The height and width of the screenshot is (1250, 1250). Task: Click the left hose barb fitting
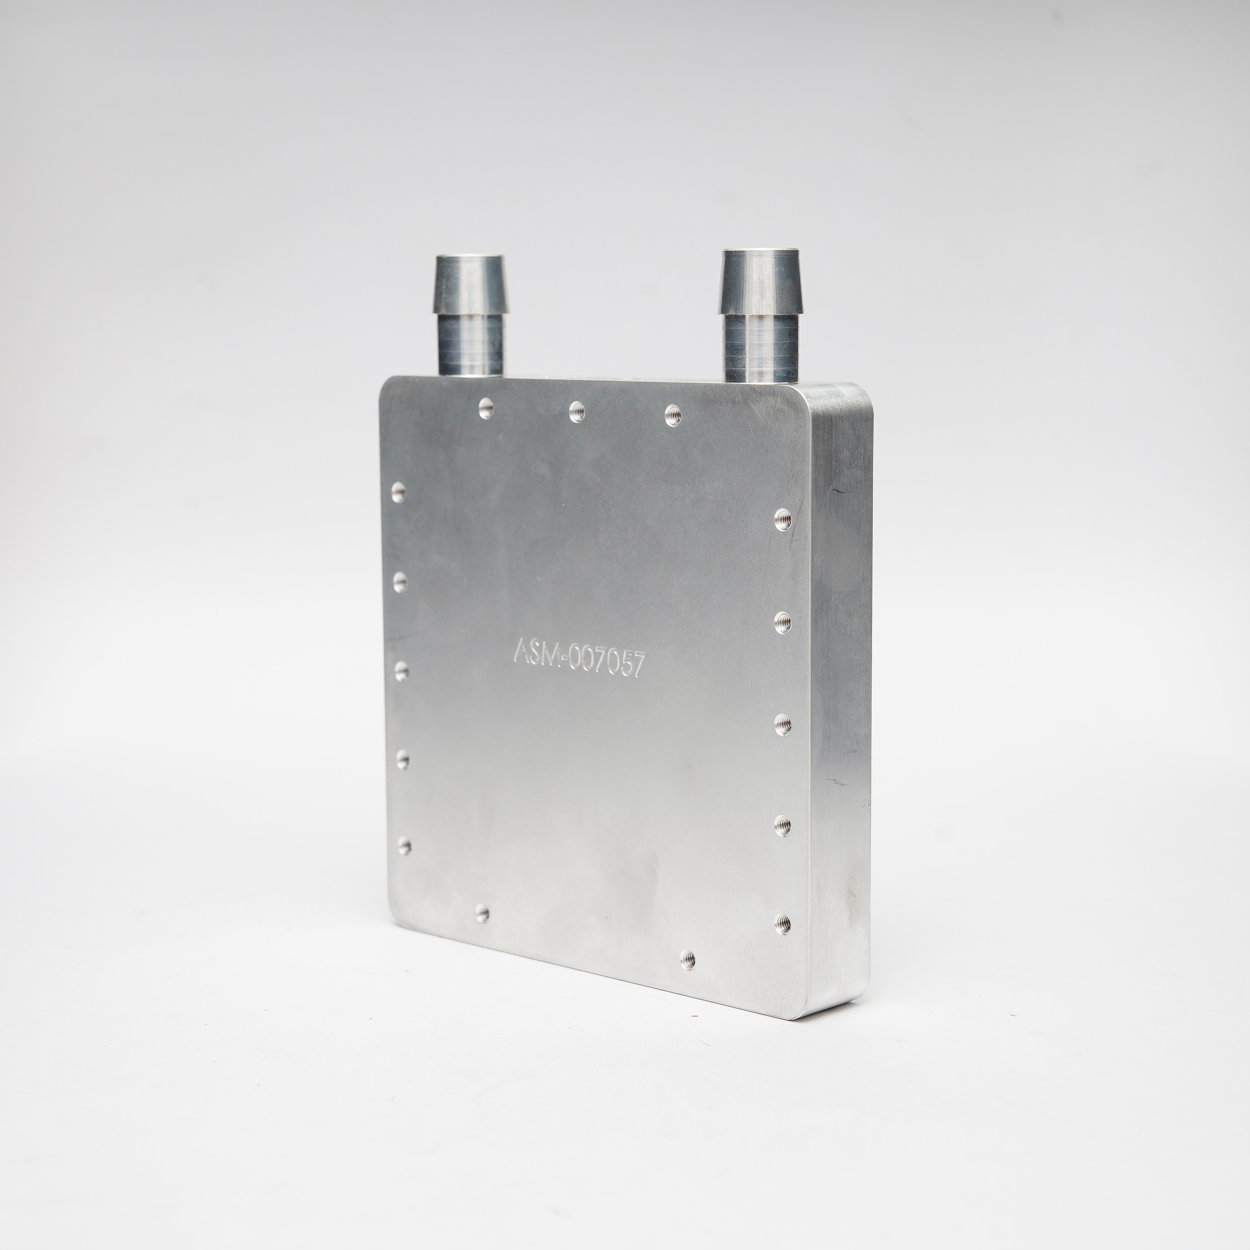(x=470, y=315)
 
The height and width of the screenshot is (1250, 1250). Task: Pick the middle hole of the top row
(x=577, y=411)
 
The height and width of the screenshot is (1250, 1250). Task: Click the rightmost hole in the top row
(x=673, y=414)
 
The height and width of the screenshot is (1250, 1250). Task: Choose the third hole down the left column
(x=401, y=670)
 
